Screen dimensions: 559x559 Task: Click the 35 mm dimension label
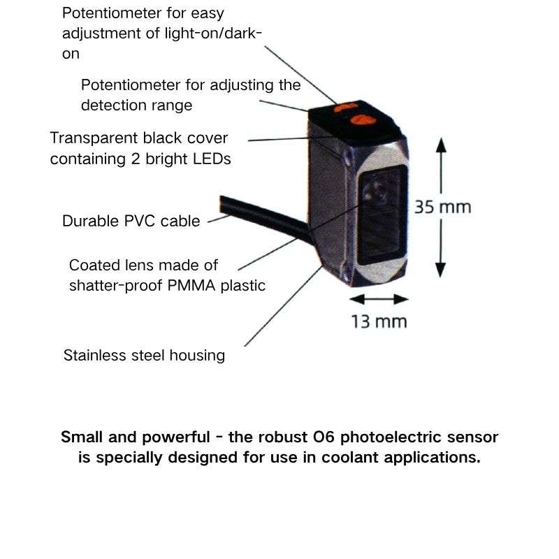pyautogui.click(x=442, y=207)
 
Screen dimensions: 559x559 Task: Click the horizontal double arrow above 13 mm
pyautogui.click(x=378, y=299)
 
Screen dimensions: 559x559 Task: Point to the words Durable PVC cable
pyautogui.click(x=131, y=221)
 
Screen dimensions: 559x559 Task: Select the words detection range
pyautogui.click(x=136, y=106)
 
